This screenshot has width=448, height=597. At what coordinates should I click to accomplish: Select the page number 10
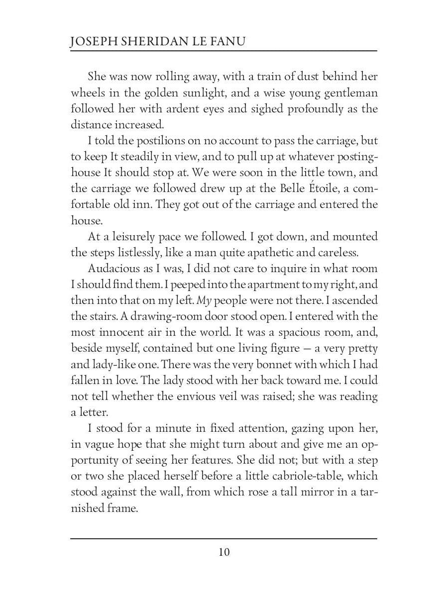click(224, 552)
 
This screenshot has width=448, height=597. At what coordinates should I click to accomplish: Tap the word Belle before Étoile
click(279, 189)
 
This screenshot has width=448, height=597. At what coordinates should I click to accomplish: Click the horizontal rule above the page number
click(224, 538)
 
